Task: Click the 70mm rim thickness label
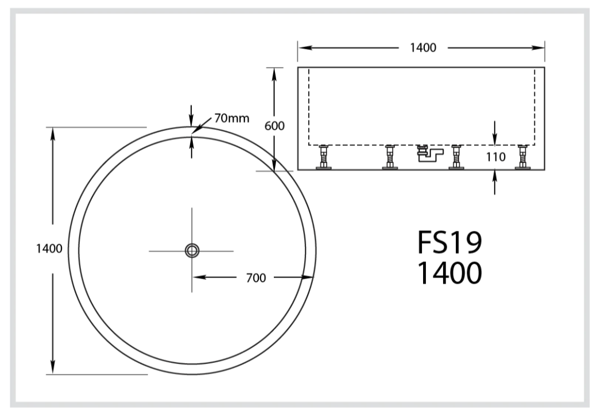point(232,118)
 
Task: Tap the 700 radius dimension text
point(255,278)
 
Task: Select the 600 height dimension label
point(274,126)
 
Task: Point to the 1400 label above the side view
point(422,48)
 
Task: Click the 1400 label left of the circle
point(49,249)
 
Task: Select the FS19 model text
point(449,243)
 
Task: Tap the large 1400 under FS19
point(449,273)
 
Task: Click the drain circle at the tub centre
point(192,250)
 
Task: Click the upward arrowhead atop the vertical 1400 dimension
point(53,133)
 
